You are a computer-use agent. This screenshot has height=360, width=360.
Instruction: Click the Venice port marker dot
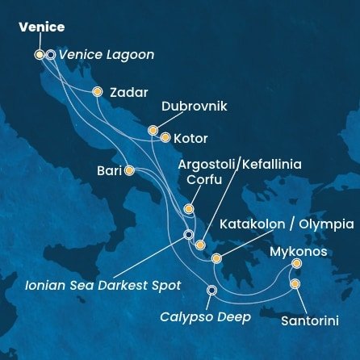[x=40, y=55]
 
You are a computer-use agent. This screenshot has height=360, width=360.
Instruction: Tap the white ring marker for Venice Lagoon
[x=51, y=55]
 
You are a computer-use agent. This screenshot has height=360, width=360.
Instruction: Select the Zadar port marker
[x=98, y=92]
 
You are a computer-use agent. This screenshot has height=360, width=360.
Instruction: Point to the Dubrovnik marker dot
[x=153, y=129]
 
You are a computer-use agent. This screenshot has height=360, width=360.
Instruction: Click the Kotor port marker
[x=165, y=137]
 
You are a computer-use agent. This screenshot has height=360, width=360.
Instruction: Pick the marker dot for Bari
[x=129, y=170]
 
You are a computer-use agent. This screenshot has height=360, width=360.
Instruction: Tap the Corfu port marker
[x=188, y=209]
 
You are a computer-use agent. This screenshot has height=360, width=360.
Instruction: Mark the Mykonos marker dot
[x=296, y=264]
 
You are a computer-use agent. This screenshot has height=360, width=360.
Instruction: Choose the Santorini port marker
[x=295, y=284]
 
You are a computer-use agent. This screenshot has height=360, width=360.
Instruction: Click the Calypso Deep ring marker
[x=211, y=290]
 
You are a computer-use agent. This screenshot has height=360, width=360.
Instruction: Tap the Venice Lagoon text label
[x=106, y=55]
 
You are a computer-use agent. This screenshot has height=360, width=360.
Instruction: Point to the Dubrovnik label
[x=194, y=107]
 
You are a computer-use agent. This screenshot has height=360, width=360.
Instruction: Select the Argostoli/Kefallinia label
[x=239, y=164]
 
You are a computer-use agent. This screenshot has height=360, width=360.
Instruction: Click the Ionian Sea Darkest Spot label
[x=93, y=285]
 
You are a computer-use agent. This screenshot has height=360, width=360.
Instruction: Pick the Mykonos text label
[x=298, y=251]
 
